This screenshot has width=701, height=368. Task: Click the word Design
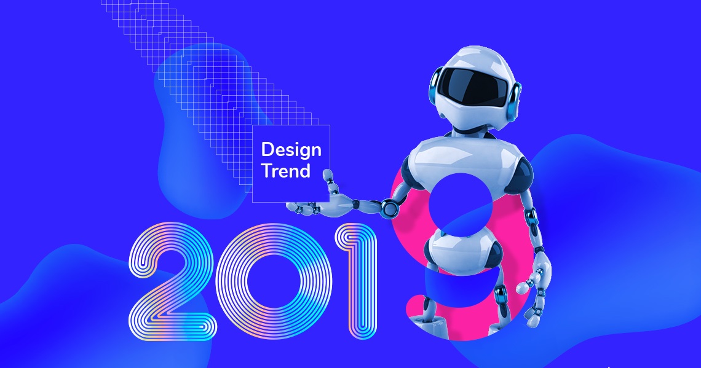click(291, 150)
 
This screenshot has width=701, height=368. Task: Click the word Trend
click(286, 171)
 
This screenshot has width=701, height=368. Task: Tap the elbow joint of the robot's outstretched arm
click(389, 208)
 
